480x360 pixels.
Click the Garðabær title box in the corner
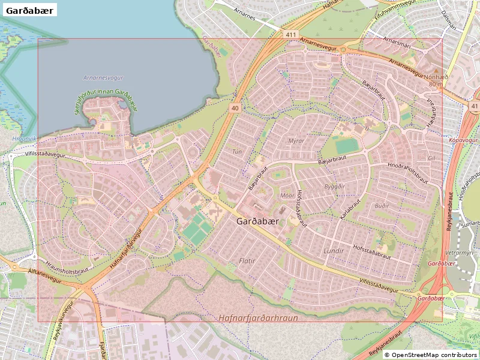pyautogui.click(x=30, y=10)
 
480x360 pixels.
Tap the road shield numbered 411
pyautogui.click(x=292, y=35)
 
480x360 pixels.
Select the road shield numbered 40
pyautogui.click(x=235, y=108)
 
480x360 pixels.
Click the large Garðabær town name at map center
pyautogui.click(x=258, y=221)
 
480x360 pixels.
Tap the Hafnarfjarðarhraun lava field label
pyautogui.click(x=258, y=317)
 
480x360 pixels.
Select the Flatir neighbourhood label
pyautogui.click(x=247, y=261)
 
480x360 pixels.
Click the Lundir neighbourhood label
pyautogui.click(x=334, y=251)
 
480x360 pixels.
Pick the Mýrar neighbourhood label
pyautogui.click(x=296, y=140)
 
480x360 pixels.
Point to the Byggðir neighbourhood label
pyautogui.click(x=335, y=187)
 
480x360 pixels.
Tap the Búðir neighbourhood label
pyautogui.click(x=382, y=205)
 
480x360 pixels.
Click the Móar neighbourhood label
pyautogui.click(x=287, y=196)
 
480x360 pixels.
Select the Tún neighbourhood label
pyautogui.click(x=237, y=152)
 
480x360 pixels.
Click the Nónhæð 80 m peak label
pyautogui.click(x=436, y=80)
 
